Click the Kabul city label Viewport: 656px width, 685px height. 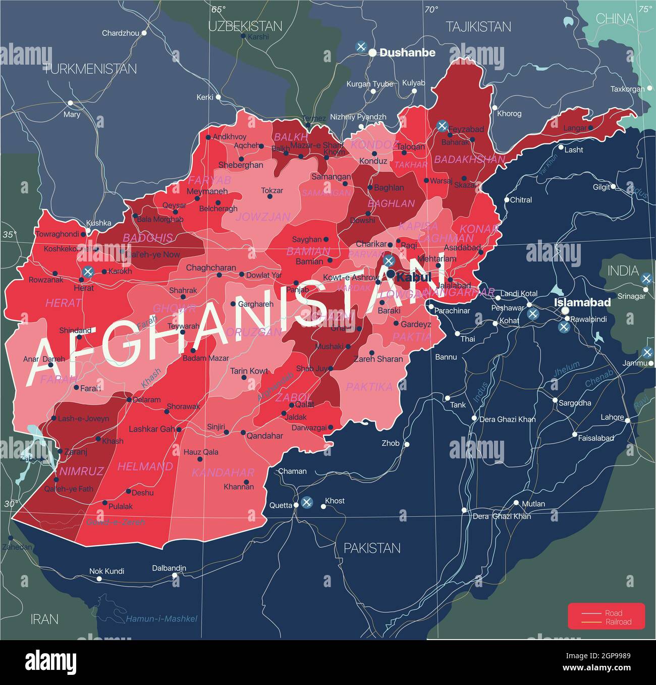pyautogui.click(x=413, y=277)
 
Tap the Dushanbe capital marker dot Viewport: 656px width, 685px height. pyautogui.click(x=372, y=52)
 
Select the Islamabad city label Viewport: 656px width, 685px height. pyautogui.click(x=582, y=302)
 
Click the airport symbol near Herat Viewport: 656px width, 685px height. pyautogui.click(x=88, y=272)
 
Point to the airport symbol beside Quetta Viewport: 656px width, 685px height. pyautogui.click(x=306, y=502)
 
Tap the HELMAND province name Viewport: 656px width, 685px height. pyautogui.click(x=145, y=466)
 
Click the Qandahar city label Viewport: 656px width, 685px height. pyautogui.click(x=264, y=436)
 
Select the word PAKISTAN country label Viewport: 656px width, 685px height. pyautogui.click(x=372, y=548)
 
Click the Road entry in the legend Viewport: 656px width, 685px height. pyautogui.click(x=614, y=613)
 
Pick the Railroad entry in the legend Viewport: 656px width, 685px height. pyautogui.click(x=618, y=622)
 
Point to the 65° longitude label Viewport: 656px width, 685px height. pyautogui.click(x=218, y=9)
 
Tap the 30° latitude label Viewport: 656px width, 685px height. pyautogui.click(x=11, y=503)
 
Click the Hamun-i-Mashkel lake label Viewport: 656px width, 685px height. pyautogui.click(x=161, y=619)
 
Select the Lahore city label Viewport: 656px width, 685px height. pyautogui.click(x=612, y=417)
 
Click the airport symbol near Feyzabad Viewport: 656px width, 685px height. pyautogui.click(x=442, y=126)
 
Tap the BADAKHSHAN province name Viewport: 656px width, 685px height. pyautogui.click(x=469, y=160)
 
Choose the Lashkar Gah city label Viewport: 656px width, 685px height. pyautogui.click(x=151, y=429)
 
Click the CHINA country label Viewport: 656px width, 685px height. pyautogui.click(x=614, y=19)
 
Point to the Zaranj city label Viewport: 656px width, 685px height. pyautogui.click(x=76, y=452)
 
